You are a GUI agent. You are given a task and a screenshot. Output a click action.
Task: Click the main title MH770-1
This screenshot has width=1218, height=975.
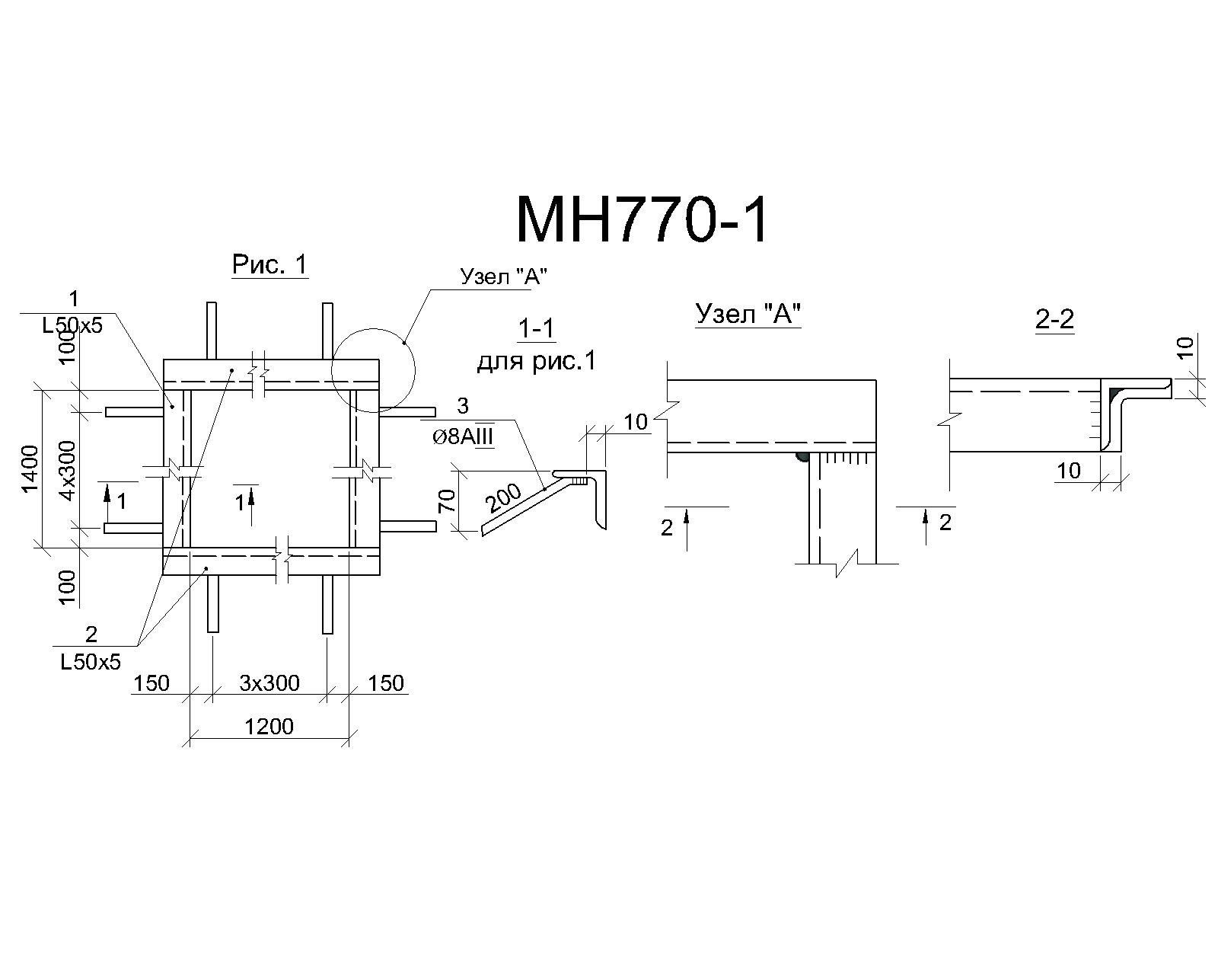click(642, 220)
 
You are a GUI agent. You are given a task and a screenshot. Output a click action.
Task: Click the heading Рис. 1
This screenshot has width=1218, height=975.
click(270, 264)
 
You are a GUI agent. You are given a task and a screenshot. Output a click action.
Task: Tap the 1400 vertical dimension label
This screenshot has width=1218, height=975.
click(30, 468)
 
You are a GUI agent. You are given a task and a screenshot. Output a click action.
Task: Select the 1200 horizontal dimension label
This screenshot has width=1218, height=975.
click(269, 726)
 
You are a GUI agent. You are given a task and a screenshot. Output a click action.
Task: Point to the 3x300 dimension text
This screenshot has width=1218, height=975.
click(269, 682)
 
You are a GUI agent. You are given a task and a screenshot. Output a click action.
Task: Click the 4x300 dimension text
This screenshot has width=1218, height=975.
click(67, 470)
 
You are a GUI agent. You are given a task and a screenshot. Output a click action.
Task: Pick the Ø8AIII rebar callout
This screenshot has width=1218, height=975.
click(463, 438)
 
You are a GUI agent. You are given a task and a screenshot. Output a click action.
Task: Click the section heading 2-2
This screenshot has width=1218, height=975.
click(1054, 320)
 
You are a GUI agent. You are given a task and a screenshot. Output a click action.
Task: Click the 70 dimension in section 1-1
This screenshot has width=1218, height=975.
click(447, 500)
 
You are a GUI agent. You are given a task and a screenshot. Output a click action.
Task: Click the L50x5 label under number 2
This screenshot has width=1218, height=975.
click(91, 662)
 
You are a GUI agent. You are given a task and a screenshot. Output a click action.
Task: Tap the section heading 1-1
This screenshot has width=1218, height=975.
click(536, 328)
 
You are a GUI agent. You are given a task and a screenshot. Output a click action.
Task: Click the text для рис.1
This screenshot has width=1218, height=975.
click(537, 361)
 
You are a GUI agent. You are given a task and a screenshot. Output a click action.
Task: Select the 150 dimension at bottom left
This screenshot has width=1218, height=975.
click(151, 682)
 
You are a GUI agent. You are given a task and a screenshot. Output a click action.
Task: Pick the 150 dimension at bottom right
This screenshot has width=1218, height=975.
click(386, 682)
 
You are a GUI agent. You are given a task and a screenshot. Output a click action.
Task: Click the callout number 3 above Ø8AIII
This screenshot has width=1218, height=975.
click(463, 406)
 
